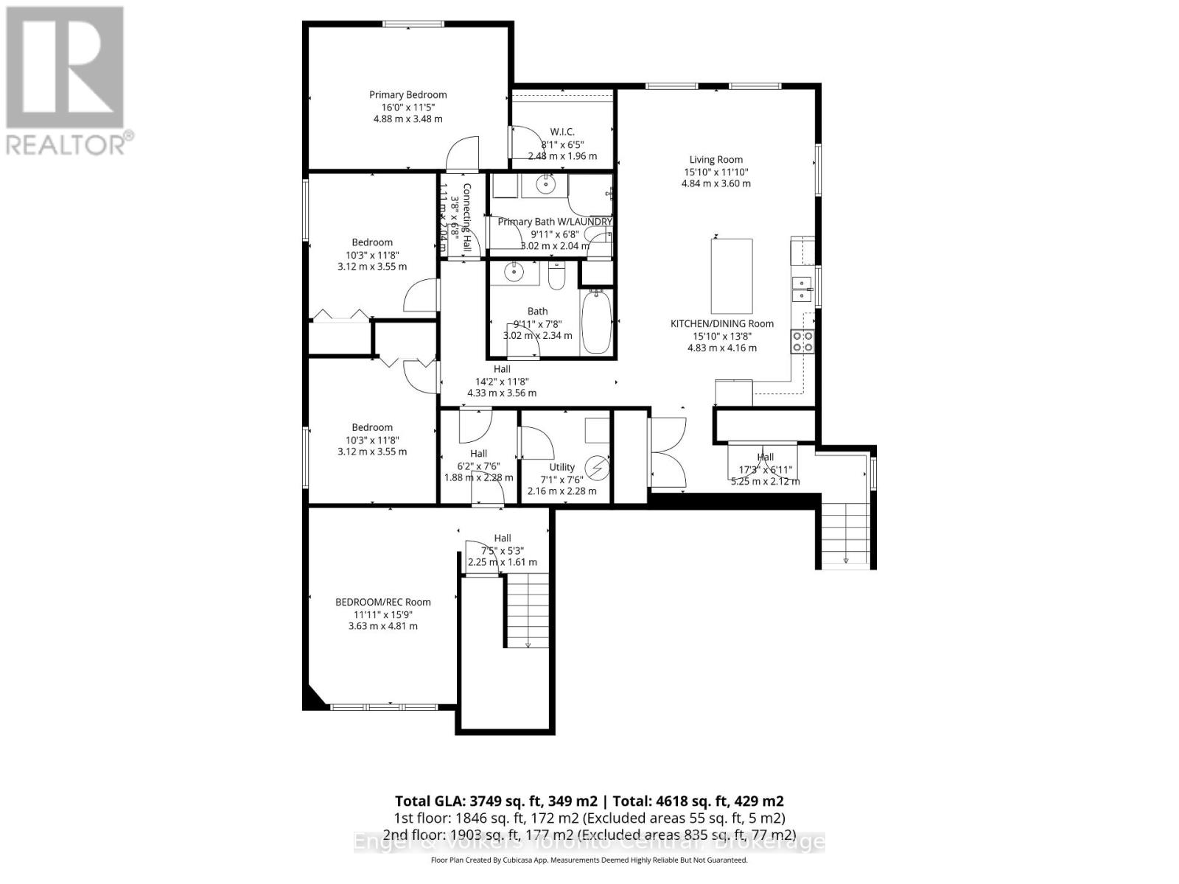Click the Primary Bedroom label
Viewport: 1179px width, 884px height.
[407, 94]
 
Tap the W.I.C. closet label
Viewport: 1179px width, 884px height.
[562, 132]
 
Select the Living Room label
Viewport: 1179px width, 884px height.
[716, 159]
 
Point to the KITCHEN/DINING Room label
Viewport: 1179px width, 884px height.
[721, 323]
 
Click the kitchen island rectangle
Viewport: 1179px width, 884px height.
[731, 276]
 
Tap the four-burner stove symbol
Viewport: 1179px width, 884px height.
[802, 341]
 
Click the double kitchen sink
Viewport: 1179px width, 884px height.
[801, 289]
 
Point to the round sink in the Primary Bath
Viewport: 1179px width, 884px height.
[546, 185]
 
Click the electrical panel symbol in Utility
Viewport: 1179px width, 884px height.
[598, 467]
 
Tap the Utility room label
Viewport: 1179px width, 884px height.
[561, 467]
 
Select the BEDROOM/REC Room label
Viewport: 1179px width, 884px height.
[382, 602]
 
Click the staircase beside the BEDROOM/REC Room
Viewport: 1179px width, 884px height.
[528, 611]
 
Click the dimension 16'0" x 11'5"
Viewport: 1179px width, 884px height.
[407, 107]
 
